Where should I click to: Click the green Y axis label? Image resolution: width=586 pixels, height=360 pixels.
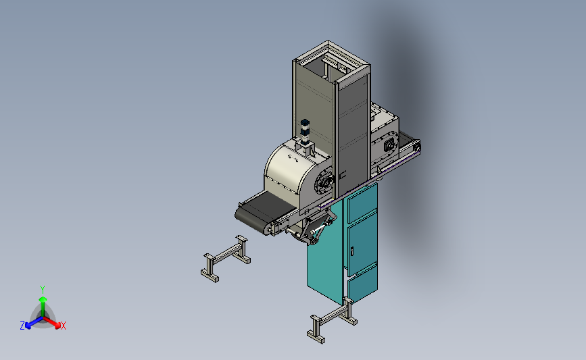42,290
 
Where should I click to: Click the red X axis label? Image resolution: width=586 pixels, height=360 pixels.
63,326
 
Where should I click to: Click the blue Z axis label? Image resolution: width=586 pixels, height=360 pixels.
22,326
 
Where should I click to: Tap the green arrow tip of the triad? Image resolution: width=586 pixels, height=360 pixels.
43,299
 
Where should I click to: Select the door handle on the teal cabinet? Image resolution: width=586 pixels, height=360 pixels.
351,251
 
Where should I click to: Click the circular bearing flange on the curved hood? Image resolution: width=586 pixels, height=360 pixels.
324,183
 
